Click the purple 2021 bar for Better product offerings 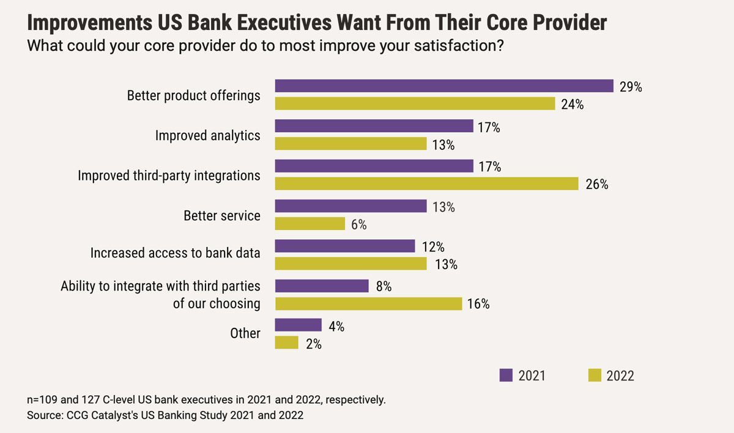(444, 86)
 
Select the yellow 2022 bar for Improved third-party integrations (426, 183)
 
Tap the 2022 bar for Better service (310, 224)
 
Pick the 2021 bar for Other (298, 325)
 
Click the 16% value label (478, 304)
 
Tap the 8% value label (384, 286)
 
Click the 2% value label (313, 344)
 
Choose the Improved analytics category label (207, 135)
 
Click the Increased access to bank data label (175, 253)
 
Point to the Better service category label (221, 216)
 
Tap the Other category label (245, 333)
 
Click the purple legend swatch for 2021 (506, 376)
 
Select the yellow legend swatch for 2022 (594, 376)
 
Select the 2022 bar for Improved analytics (350, 144)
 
